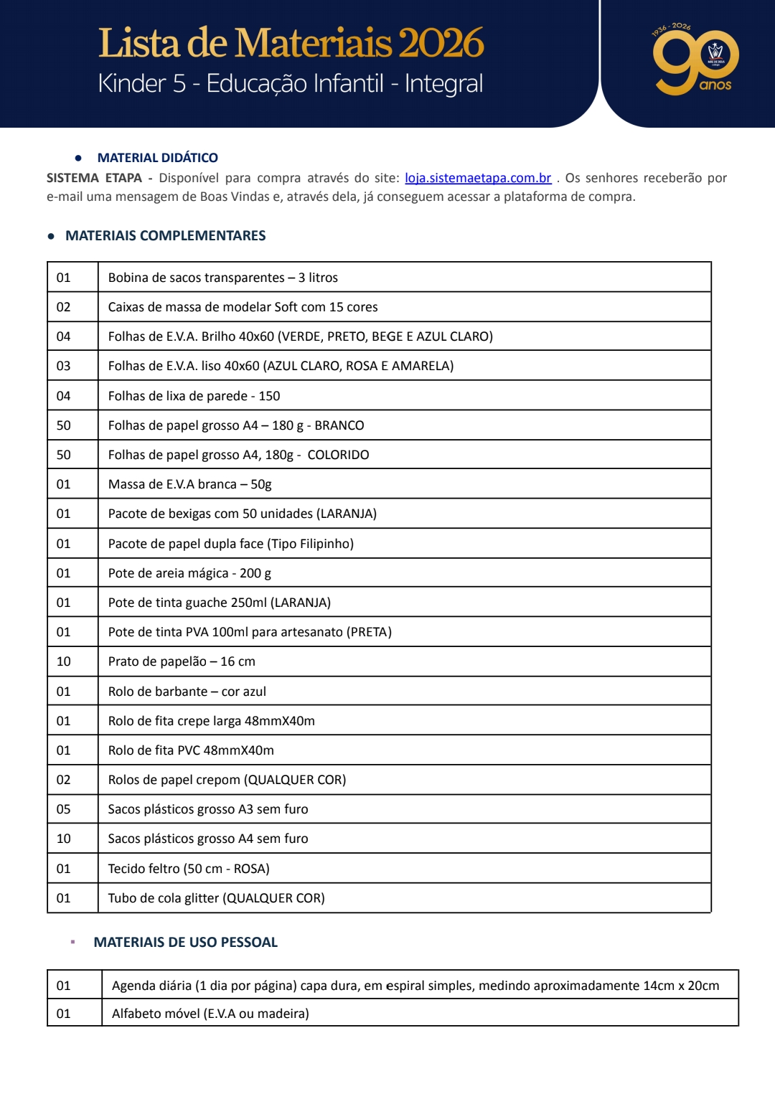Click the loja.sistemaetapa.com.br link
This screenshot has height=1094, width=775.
[x=478, y=178]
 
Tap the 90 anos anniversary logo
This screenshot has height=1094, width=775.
[x=695, y=61]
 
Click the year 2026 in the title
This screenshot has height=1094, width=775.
[x=441, y=43]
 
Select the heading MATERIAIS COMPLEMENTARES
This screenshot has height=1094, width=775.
[x=165, y=235]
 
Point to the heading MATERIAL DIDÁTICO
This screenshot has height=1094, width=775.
[x=158, y=158]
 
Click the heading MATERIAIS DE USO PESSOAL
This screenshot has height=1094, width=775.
[x=185, y=942]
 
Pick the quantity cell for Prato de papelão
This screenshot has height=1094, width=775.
[x=64, y=661]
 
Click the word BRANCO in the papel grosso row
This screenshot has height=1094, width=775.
[x=339, y=425]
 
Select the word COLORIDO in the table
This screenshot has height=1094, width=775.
[x=338, y=455]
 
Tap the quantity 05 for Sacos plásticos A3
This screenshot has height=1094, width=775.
[x=64, y=809]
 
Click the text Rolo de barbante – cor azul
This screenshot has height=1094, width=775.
[x=187, y=692]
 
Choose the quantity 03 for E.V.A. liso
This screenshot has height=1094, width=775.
[x=64, y=366]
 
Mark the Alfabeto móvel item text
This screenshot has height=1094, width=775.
[x=210, y=1014]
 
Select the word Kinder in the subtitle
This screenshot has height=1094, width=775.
[x=133, y=84]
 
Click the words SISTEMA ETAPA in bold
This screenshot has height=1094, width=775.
[x=94, y=178]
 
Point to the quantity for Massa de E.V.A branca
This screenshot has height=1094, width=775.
[x=64, y=484]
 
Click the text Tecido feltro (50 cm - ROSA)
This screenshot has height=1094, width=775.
[x=189, y=869]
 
